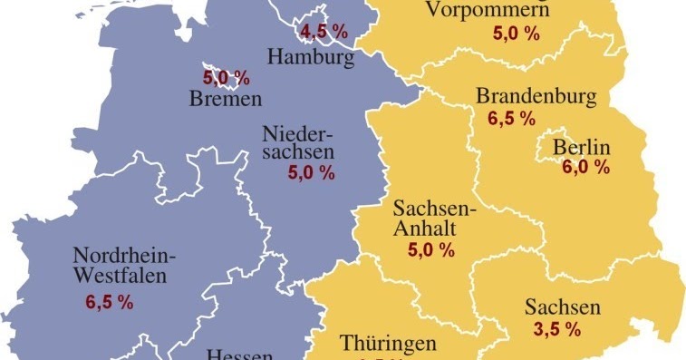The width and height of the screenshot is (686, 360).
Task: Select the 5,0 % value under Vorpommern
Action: pos(515,34)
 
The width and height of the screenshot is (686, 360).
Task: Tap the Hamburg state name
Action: pos(310,58)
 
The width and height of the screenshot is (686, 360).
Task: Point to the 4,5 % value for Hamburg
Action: pos(324,33)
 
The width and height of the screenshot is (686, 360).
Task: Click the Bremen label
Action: pos(226,99)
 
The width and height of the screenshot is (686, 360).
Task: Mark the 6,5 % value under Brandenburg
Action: pos(511,120)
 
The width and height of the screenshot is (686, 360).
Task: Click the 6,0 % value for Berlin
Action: pos(585,168)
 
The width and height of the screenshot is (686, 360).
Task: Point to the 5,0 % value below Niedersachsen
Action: pos(311,172)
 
